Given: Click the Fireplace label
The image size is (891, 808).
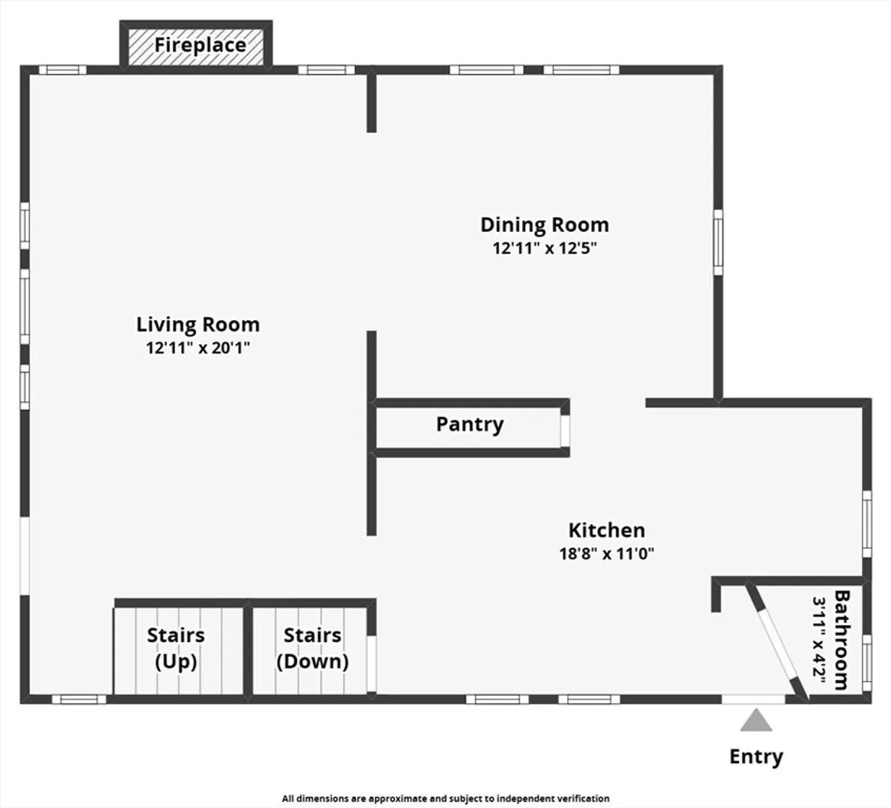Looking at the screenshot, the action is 200,45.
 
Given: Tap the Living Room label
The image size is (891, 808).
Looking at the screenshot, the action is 198,325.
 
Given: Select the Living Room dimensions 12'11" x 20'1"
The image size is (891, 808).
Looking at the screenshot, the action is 198,348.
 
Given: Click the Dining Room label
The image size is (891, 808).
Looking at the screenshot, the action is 545,225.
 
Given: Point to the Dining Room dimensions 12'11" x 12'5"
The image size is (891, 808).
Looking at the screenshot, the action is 545,248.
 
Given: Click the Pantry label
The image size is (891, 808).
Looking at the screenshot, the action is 470,425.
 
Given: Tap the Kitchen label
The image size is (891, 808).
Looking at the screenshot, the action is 607,530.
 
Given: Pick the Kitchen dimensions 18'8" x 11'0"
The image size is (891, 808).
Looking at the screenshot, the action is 607,554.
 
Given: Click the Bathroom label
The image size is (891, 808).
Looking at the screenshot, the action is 842,640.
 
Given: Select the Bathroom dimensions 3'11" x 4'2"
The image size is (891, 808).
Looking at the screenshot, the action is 819,640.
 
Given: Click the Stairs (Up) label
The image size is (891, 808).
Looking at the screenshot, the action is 176,649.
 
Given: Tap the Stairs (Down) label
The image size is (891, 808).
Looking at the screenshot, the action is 313,649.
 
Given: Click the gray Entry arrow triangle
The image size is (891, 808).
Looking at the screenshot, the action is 756,720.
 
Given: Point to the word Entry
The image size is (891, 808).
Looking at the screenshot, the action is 756,757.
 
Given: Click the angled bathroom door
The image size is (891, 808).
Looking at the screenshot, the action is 777,642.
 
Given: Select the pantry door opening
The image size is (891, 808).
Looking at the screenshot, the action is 565,431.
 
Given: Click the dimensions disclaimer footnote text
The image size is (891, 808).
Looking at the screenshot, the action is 446,798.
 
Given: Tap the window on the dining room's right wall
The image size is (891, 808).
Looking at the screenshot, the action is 718,242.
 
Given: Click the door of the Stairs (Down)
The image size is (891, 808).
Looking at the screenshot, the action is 371,664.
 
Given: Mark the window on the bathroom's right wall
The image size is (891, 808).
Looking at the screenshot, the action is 866,663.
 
